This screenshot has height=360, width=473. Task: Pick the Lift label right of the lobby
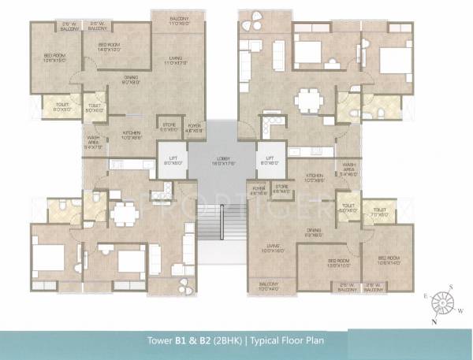269,161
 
